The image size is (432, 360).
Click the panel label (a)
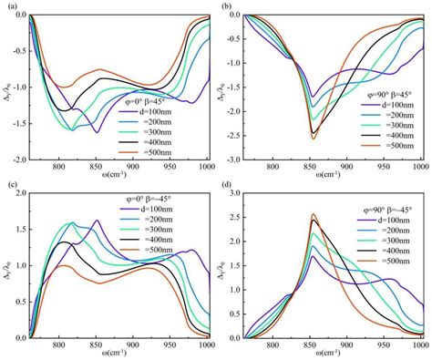(7, 5)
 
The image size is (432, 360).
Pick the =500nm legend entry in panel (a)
(163, 149)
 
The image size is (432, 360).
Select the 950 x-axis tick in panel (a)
(174, 166)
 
